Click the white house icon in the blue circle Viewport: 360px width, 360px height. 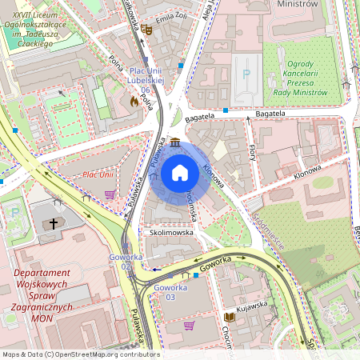point(179,173)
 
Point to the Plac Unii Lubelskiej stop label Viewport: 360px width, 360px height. point(146,80)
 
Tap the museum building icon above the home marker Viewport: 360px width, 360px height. point(174,142)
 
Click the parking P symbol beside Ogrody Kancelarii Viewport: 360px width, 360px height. point(246,74)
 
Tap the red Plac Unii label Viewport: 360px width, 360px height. point(98,174)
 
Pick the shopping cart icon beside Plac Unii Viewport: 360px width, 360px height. point(110,193)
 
